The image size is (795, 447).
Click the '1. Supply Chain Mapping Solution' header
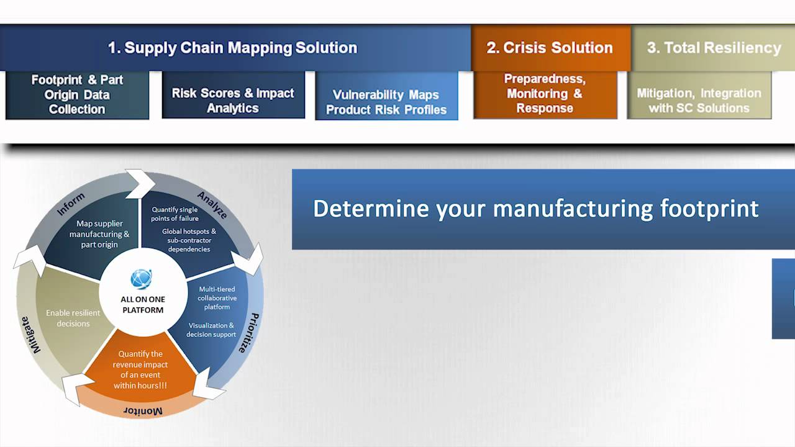coord(232,48)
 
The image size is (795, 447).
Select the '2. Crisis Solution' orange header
coord(550,48)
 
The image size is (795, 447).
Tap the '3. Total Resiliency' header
coord(714,48)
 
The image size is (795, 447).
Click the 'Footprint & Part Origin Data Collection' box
coord(77,94)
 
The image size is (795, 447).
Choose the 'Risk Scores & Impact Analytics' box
coord(233,101)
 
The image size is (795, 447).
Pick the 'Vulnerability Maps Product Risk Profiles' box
coord(386,102)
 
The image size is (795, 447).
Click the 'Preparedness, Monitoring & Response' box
coord(545,94)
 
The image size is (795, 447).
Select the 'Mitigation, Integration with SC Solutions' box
coord(699,101)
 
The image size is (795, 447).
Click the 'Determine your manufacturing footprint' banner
coord(535,209)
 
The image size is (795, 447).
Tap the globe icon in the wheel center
coord(142,279)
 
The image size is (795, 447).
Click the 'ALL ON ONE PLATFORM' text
coord(143,304)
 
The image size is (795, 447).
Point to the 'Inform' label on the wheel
coord(71,204)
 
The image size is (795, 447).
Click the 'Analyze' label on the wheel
coord(212,205)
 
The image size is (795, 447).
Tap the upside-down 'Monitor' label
coord(143,411)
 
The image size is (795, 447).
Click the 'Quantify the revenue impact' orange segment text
coord(140,370)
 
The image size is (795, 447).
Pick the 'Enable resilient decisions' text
coord(73,318)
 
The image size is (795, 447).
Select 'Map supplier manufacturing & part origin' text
coord(99,234)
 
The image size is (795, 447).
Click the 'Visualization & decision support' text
coord(211,330)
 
